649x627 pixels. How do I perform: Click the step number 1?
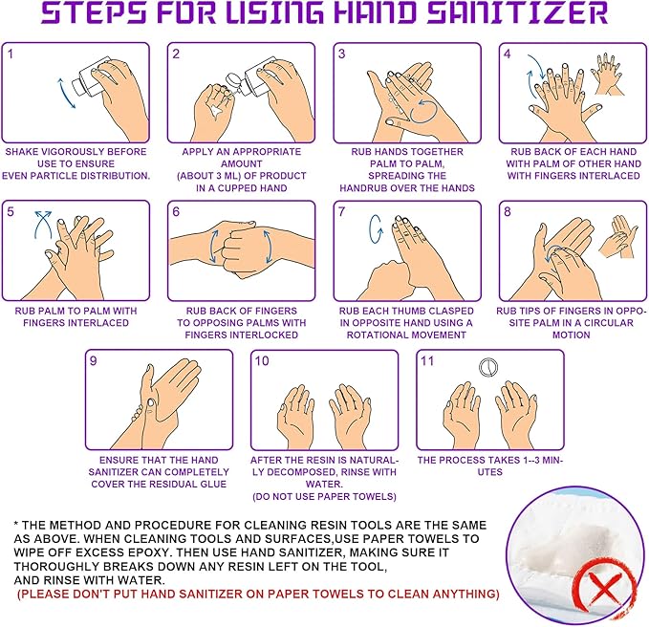pyautogui.click(x=11, y=54)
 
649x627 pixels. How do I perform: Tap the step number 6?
pyautogui.click(x=176, y=212)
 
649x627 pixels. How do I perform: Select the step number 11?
pyautogui.click(x=427, y=361)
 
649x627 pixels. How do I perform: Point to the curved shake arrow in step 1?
pyautogui.click(x=65, y=93)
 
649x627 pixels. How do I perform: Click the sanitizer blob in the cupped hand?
pyautogui.click(x=216, y=111)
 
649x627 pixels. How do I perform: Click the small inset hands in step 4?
pyautogui.click(x=608, y=74)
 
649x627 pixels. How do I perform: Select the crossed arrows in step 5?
pyautogui.click(x=43, y=225)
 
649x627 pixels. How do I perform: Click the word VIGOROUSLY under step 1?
pyautogui.click(x=76, y=152)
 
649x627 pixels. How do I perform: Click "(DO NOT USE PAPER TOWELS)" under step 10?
pyautogui.click(x=324, y=497)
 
